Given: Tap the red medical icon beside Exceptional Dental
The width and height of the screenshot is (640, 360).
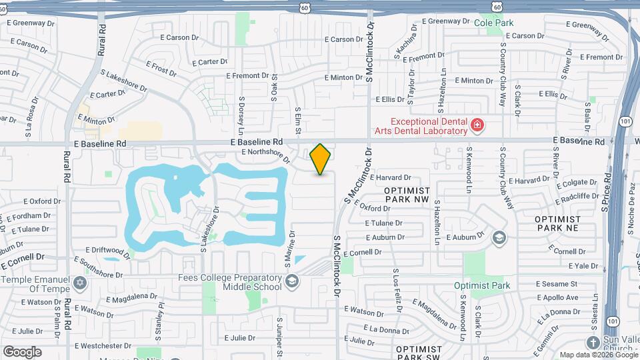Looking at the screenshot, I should pyautogui.click(x=477, y=125).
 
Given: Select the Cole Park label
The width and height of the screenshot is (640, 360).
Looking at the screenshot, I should pyautogui.click(x=494, y=23).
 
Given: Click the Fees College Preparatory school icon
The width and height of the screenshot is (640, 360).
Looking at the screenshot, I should pyautogui.click(x=291, y=282).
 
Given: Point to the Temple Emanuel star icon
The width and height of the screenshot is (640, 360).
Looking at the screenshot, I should pyautogui.click(x=81, y=283).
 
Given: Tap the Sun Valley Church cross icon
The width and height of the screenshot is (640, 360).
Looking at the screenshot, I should pyautogui.click(x=593, y=342).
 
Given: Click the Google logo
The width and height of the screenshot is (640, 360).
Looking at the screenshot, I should pyautogui.click(x=22, y=351).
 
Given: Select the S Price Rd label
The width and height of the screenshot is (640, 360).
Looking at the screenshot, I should pyautogui.click(x=606, y=193).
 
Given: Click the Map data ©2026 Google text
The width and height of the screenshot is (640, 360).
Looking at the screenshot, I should pyautogui.click(x=598, y=355).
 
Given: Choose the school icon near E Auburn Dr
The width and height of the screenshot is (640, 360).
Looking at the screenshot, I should pyautogui.click(x=499, y=237).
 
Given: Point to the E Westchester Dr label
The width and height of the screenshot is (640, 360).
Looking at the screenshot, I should pyautogui.click(x=103, y=346).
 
